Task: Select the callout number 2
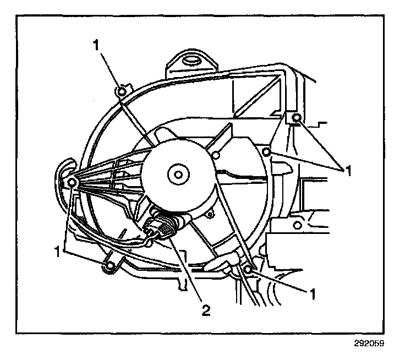(205, 310)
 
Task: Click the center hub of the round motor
(177, 175)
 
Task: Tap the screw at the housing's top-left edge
(122, 91)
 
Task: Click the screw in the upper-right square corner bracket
(296, 118)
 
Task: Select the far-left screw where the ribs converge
(72, 182)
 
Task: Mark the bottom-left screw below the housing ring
(110, 267)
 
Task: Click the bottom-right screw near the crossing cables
(249, 269)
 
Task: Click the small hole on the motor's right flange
(217, 156)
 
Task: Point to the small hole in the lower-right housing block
(297, 224)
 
